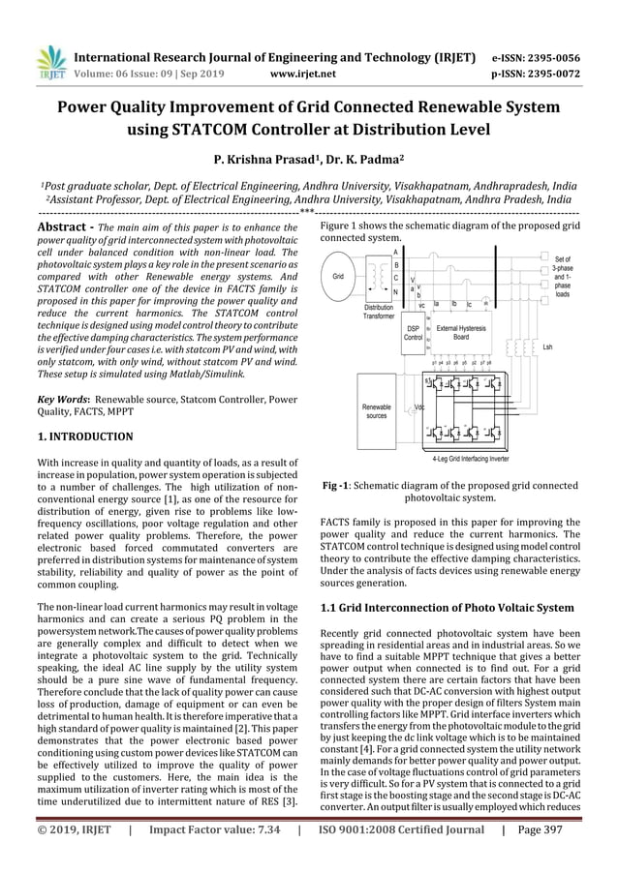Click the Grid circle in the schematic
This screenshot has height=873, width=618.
pos(338,276)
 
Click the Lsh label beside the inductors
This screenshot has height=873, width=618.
pos(547,346)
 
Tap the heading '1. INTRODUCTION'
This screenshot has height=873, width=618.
pos(86,436)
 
